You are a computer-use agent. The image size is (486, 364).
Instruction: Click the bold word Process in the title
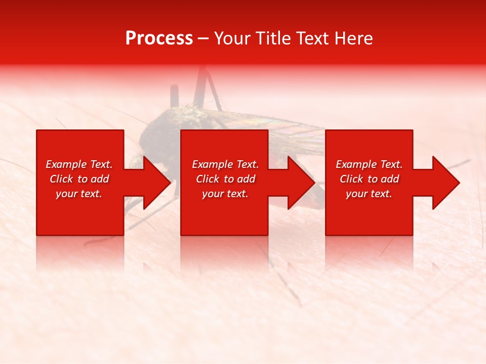pos(159,38)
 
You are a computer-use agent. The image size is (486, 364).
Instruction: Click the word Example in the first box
pos(65,164)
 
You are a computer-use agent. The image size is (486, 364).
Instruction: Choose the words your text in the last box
pos(369,194)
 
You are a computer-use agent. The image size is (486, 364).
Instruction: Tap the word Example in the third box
pos(355,164)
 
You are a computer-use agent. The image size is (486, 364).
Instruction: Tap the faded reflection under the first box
pos(80,253)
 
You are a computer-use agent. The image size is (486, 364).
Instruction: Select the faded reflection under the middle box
pos(224,253)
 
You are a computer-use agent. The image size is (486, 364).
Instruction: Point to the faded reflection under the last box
pos(369,253)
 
